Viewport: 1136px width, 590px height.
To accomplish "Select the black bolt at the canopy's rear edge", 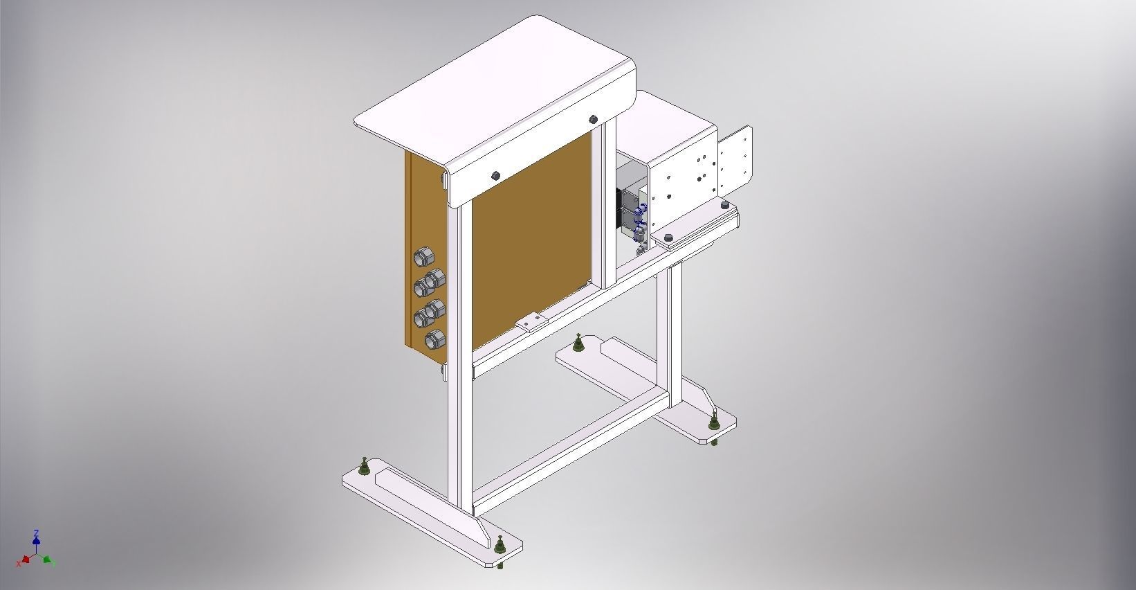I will tap(593, 120).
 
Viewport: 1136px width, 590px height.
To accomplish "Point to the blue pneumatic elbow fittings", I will tap(641, 214).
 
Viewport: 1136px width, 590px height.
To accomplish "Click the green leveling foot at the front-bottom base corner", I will tap(500, 547).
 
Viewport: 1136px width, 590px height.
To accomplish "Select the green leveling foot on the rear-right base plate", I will tap(713, 422).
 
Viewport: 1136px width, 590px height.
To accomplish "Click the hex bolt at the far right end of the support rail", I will tap(724, 206).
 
